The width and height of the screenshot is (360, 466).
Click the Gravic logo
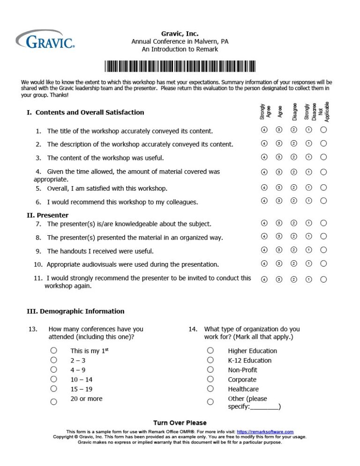tap(45, 40)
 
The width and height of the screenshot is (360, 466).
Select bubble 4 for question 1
tap(264, 130)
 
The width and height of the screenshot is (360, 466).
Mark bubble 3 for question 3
tap(279, 157)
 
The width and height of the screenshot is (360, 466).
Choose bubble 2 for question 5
tap(294, 188)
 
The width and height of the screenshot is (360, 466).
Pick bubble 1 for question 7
tap(308, 223)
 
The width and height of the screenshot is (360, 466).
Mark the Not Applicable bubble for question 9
tap(323, 250)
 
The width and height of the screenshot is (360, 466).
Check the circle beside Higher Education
tap(210, 350)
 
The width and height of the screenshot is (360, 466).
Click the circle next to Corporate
tap(210, 379)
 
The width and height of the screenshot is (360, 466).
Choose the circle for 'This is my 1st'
tap(54, 350)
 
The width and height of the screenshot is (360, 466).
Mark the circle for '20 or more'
tap(54, 401)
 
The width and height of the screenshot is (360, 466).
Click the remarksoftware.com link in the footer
tap(265, 432)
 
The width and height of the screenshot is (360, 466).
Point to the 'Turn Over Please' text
tap(180, 423)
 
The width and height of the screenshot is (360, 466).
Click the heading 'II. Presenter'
tap(47, 216)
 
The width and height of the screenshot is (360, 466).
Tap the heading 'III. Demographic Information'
tap(75, 311)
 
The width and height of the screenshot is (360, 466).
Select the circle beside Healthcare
tap(210, 388)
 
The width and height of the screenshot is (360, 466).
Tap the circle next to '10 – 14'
tap(54, 379)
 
